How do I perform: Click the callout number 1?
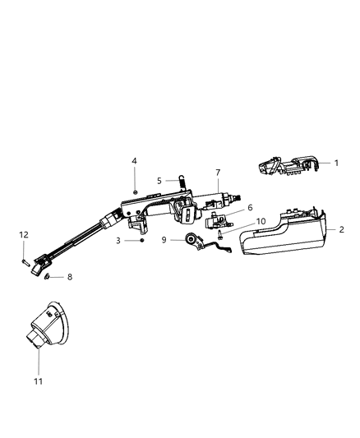click(336, 164)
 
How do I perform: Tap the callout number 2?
click(340, 230)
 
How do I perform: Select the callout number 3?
click(118, 241)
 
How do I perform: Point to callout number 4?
click(135, 160)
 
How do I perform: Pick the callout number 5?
click(160, 180)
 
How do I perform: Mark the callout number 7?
click(218, 173)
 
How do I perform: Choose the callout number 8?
click(69, 278)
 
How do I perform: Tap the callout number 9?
click(164, 240)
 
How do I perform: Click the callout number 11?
click(38, 380)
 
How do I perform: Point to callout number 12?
click(24, 235)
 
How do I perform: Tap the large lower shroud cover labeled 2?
click(284, 234)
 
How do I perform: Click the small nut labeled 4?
click(134, 191)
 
